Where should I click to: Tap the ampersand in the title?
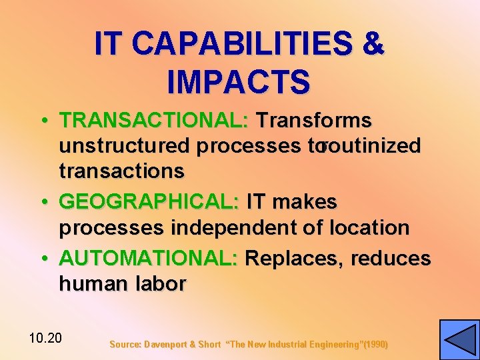pyautogui.click(x=372, y=44)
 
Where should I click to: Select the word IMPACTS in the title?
pyautogui.click(x=239, y=81)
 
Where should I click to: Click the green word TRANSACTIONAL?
pyautogui.click(x=154, y=121)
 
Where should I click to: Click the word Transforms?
pyautogui.click(x=314, y=121)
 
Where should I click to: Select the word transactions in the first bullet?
pyautogui.click(x=121, y=171)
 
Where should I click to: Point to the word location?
pyautogui.click(x=369, y=228)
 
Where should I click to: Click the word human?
pyautogui.click(x=91, y=284)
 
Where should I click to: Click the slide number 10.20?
pyautogui.click(x=45, y=338)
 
